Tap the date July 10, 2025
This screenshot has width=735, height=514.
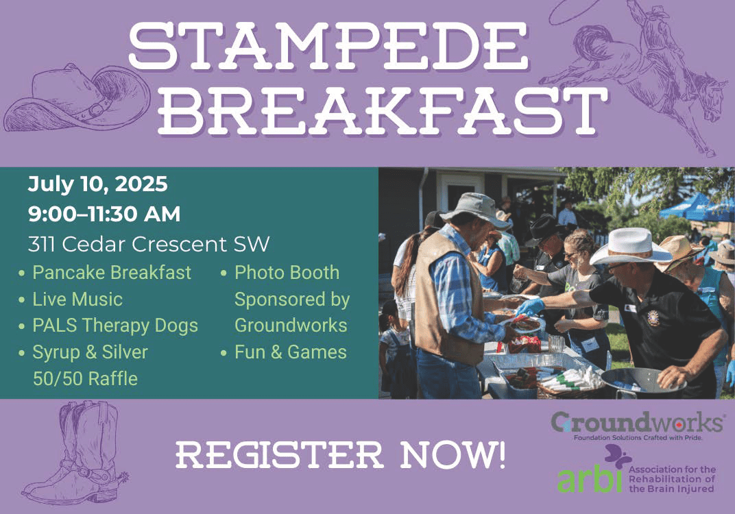(97, 184)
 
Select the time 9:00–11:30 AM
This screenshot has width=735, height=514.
(104, 214)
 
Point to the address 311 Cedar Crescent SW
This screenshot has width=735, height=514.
(149, 244)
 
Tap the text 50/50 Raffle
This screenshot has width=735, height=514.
(85, 378)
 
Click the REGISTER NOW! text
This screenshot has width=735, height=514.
(341, 455)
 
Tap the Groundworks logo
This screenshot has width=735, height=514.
(636, 426)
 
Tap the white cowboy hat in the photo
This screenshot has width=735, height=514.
(631, 247)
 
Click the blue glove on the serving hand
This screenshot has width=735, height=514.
(530, 307)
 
